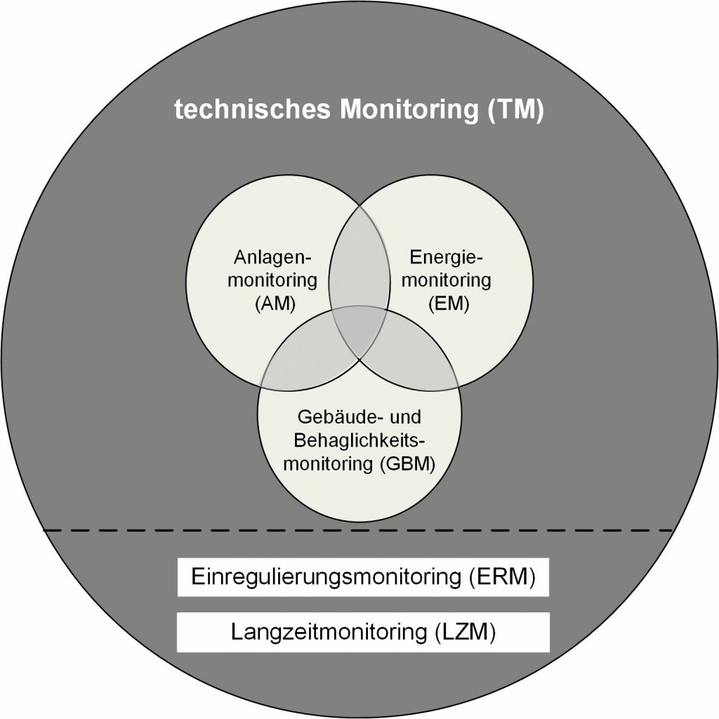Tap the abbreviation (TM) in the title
pos(514,112)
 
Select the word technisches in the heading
pos(251,112)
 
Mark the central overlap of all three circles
pos(359,330)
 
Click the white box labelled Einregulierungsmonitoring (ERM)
pos(362,578)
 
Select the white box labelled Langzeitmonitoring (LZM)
pos(362,631)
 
